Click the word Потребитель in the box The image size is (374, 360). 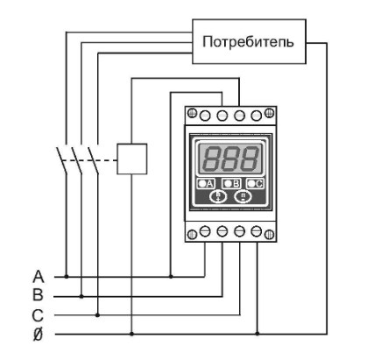248,42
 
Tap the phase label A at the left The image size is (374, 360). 39,277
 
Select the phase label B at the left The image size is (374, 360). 38,295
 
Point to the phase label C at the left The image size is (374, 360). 38,315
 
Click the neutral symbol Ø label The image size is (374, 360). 38,335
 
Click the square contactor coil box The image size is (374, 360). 132,159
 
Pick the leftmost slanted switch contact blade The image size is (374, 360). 61,160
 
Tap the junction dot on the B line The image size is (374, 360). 81,296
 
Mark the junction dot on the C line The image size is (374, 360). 98,315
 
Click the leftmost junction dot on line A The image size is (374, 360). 67,276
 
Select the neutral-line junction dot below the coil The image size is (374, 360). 131,334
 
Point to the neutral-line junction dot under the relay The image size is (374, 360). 258,334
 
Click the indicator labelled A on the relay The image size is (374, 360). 206,184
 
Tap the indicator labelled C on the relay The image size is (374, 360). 255,184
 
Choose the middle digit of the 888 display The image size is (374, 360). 230,159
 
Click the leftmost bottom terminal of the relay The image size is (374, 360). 205,232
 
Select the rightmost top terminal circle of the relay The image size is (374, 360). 257,116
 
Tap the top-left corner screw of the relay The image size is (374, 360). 192,113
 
